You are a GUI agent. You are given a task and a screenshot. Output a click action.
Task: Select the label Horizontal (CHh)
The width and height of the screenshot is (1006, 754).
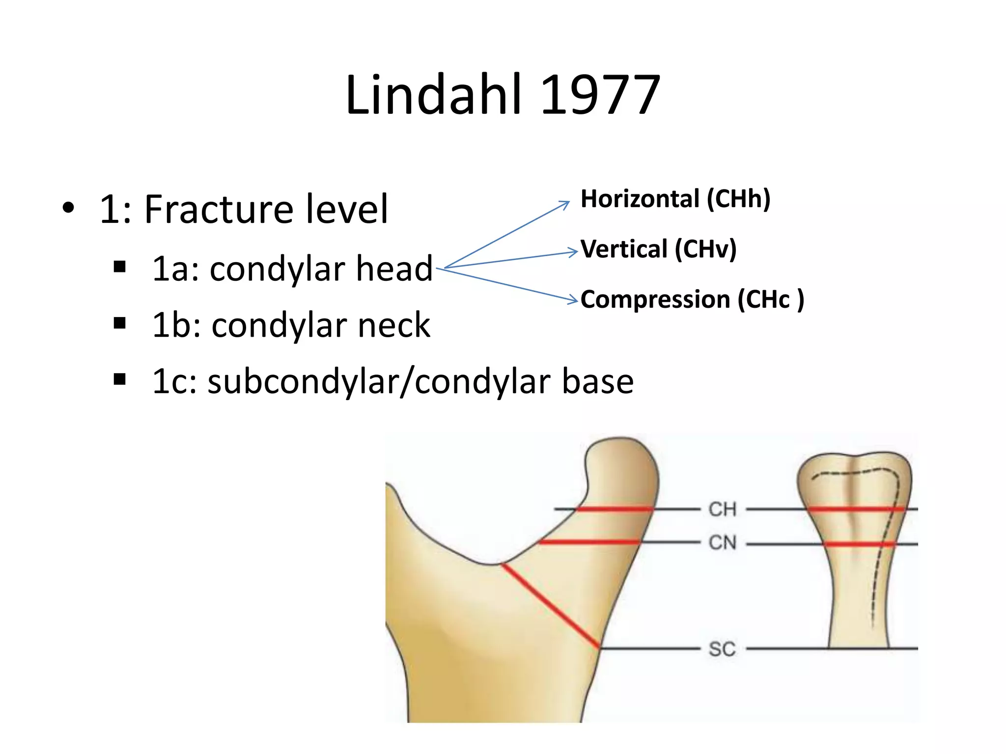pos(675,199)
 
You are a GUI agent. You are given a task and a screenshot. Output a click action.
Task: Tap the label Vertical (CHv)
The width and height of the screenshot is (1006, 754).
pos(658,249)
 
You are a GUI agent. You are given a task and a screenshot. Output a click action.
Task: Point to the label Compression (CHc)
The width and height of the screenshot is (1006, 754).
pos(692,299)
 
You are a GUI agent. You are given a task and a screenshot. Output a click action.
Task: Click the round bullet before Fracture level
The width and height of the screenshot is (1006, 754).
pos(68,208)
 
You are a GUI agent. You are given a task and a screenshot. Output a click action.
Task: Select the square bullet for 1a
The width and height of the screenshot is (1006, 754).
pos(119,267)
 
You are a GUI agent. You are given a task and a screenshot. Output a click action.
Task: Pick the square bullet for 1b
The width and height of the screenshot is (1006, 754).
pos(119,323)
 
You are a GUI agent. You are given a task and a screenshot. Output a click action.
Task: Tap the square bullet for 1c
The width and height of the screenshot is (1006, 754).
pos(119,379)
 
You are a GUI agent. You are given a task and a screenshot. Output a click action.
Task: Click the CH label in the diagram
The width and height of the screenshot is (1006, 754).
pos(722,510)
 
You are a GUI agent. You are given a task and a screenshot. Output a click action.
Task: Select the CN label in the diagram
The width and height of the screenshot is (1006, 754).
pos(722,543)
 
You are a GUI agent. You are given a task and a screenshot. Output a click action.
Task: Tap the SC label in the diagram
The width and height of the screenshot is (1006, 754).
pos(722,649)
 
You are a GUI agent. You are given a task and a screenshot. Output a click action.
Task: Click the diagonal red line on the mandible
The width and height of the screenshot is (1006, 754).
pos(550,605)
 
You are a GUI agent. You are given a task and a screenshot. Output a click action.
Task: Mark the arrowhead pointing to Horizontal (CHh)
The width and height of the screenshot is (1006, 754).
pos(566,203)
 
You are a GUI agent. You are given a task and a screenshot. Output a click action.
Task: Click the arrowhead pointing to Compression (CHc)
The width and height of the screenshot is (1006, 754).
pos(574,300)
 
